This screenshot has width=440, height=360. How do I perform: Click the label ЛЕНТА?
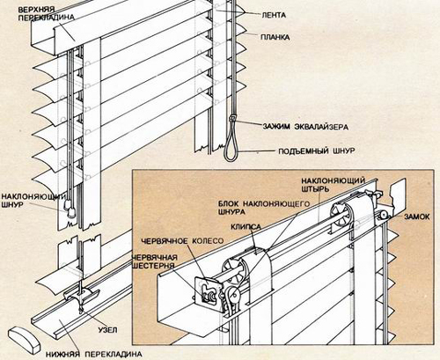click(x=274, y=15)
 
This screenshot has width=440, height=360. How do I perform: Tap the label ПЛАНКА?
click(x=275, y=37)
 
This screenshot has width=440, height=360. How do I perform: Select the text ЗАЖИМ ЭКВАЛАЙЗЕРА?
click(x=305, y=127)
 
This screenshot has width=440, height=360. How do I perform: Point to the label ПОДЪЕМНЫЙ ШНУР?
click(x=317, y=151)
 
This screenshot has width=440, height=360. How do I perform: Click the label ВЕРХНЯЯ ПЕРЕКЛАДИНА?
click(x=46, y=14)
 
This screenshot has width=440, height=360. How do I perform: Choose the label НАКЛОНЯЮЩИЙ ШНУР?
click(x=33, y=201)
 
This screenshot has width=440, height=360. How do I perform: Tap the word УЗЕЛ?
click(x=107, y=330)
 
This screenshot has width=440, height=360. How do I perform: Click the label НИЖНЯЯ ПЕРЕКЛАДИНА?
click(x=94, y=354)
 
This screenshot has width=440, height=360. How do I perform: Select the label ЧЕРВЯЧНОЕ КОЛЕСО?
click(x=182, y=241)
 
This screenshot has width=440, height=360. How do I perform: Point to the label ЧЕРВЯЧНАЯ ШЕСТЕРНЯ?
click(x=155, y=261)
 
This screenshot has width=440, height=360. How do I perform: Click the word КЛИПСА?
click(x=246, y=226)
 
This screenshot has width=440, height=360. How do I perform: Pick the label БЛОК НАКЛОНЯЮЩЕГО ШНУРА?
click(x=263, y=208)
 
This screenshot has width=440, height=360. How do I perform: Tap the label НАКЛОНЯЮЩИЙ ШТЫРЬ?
click(x=333, y=184)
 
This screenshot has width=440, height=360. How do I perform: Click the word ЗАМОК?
click(x=417, y=217)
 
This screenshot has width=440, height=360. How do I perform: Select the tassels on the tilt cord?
click(x=69, y=208)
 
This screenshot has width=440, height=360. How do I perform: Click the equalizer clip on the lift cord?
click(x=232, y=119)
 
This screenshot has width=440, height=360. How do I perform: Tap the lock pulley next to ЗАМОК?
click(x=384, y=217)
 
